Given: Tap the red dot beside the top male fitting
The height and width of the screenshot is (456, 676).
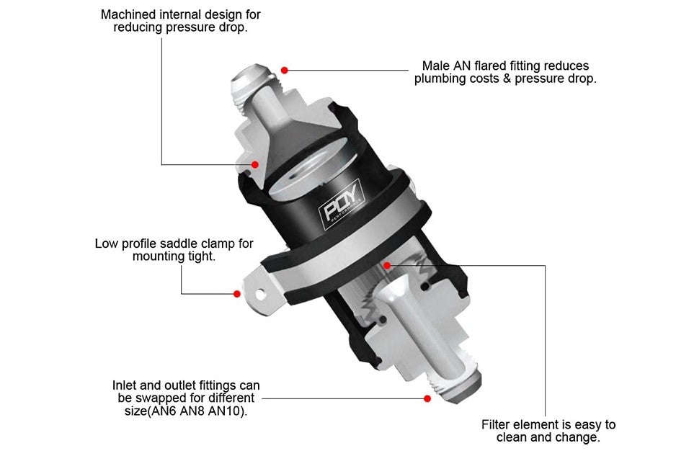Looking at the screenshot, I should (x=285, y=70).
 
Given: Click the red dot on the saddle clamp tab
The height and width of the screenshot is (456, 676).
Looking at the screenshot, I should (x=236, y=293).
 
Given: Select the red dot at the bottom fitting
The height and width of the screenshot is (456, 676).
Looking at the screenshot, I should (x=427, y=398).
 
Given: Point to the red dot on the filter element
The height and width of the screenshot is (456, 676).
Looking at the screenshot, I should (x=387, y=265).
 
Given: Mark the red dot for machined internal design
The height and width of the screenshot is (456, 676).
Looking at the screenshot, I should (x=255, y=164).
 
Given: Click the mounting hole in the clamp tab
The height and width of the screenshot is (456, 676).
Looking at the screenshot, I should (x=257, y=294).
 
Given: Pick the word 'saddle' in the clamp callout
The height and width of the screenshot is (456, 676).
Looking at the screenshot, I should (x=184, y=243).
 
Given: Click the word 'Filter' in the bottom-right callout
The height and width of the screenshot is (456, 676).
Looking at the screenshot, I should (x=497, y=424).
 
